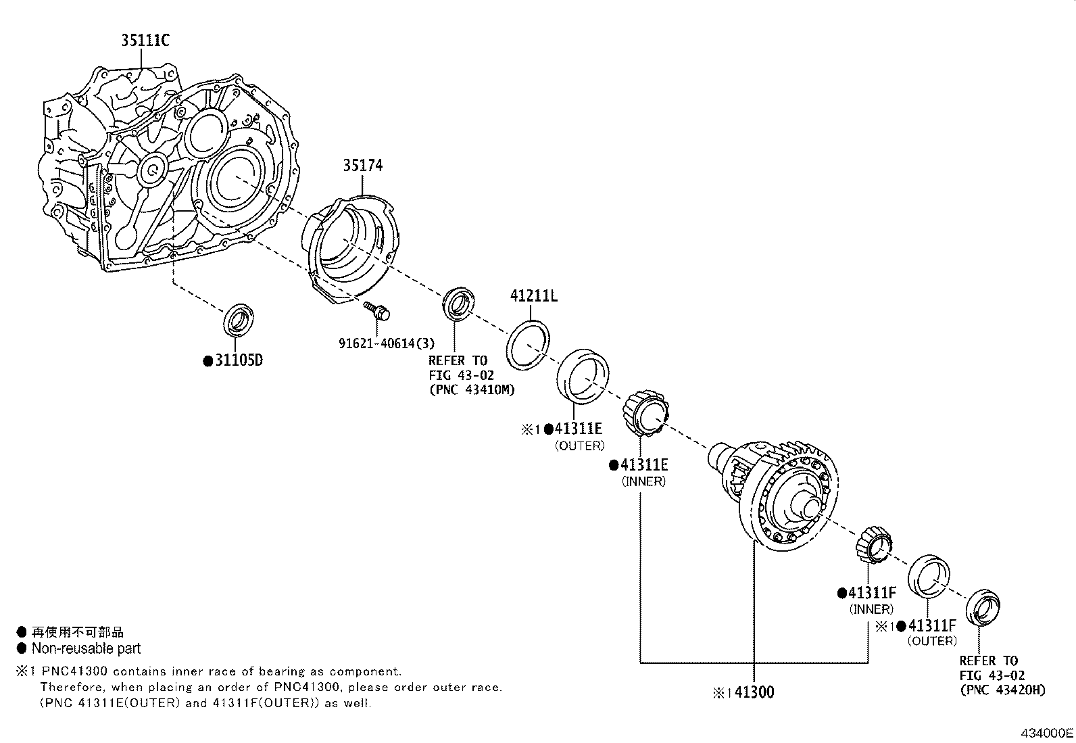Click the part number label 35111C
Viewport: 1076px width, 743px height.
tap(145, 41)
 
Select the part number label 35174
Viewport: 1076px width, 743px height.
tap(362, 165)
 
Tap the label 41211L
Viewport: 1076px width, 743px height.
tap(533, 295)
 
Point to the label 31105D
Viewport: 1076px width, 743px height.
tap(238, 360)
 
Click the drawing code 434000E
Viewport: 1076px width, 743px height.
tap(1047, 733)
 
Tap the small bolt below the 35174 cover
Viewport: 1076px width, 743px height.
tap(379, 312)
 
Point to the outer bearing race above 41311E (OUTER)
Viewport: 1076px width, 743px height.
tap(582, 376)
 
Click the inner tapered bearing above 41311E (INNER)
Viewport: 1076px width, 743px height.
tap(647, 412)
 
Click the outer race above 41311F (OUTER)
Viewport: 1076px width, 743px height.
tap(929, 577)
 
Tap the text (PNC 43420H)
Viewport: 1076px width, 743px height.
tap(1002, 690)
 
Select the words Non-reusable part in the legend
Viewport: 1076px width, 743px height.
tap(86, 649)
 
